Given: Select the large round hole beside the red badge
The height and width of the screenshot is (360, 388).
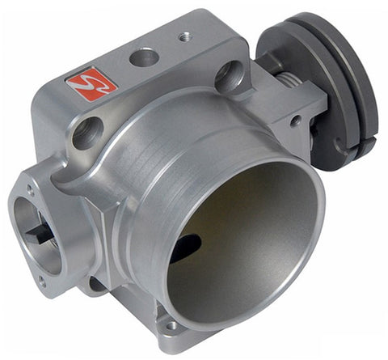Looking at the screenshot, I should pos(144,57).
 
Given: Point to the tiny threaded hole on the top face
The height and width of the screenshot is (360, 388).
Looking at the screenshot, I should pos(184,36).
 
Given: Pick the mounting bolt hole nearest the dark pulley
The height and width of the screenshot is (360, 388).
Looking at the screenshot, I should pos(229,76).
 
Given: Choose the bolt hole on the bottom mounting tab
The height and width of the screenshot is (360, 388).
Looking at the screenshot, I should pos(171,326).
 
